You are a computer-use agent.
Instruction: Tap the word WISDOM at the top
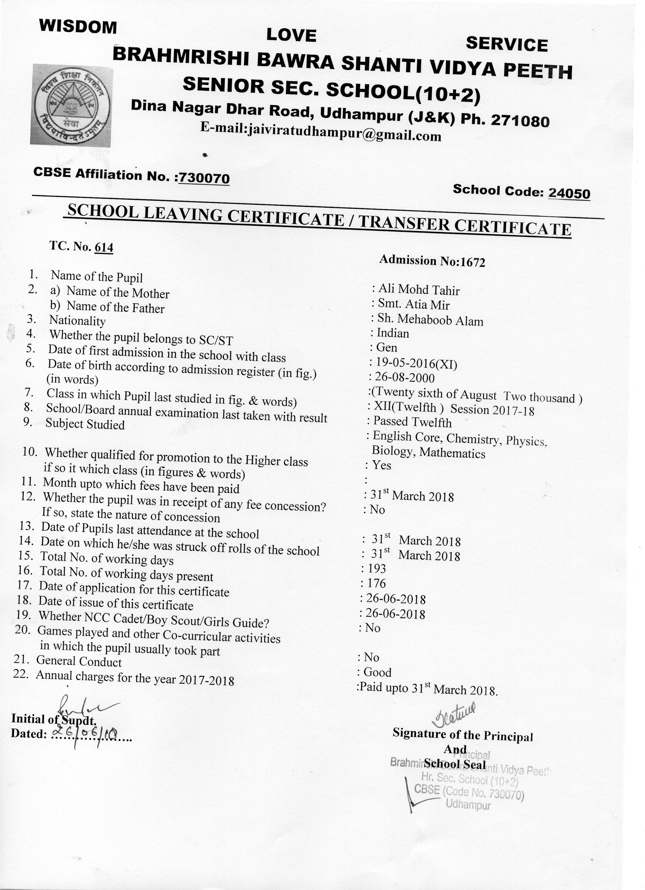click(x=78, y=27)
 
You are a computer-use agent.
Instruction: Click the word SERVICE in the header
click(x=506, y=44)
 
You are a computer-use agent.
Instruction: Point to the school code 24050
click(x=569, y=193)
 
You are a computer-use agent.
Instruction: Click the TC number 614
click(x=104, y=248)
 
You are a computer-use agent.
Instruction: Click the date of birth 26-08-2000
click(x=405, y=378)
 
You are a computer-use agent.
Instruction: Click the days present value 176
click(x=376, y=583)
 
